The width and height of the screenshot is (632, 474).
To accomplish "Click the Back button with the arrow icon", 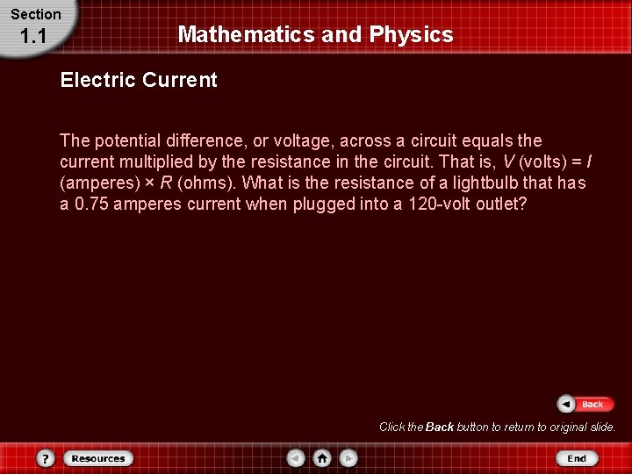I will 581,404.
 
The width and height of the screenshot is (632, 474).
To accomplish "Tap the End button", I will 576,458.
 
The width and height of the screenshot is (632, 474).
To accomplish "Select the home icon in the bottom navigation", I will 322,458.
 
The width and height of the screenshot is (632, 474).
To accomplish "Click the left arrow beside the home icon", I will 297,458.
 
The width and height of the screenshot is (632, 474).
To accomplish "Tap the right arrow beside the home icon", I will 348,458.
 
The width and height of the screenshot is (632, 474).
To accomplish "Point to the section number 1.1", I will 32,36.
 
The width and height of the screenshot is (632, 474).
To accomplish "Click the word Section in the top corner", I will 35,14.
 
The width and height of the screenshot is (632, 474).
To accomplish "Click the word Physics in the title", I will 412,35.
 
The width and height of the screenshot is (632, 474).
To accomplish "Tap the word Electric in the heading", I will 93,81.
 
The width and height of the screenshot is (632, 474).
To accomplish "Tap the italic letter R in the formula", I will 165,183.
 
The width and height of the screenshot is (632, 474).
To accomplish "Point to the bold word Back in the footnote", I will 439,427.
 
